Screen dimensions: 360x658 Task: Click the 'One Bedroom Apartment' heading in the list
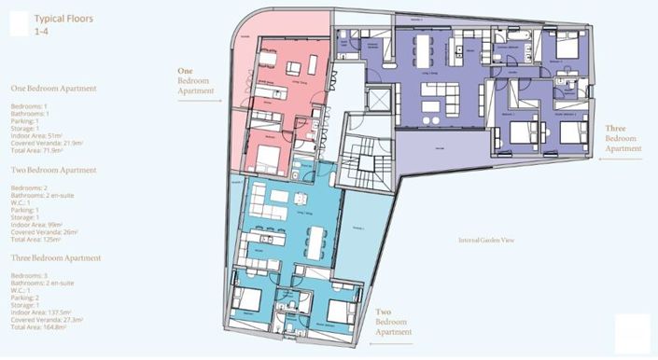pyautogui.click(x=53, y=89)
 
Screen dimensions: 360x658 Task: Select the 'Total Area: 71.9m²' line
pyautogui.click(x=36, y=149)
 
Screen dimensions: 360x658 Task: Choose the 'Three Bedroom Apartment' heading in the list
pyautogui.click(x=55, y=257)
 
